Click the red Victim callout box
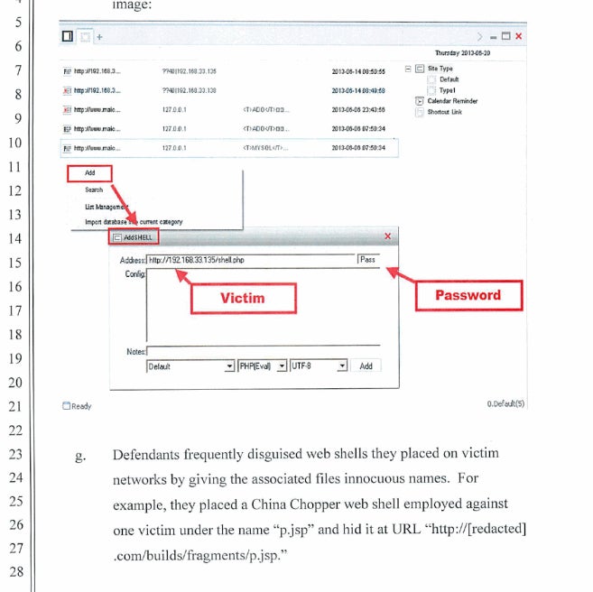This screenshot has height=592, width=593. coord(242,298)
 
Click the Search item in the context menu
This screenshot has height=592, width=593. coord(94,190)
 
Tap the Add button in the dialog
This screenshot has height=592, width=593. coord(366,366)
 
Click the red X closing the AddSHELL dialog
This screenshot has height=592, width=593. coord(388,236)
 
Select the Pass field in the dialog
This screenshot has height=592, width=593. coord(368,260)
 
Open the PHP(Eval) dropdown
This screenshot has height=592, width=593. coord(262,366)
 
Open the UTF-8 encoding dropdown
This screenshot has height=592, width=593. coord(318,366)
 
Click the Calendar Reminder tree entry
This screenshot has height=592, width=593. coord(452,101)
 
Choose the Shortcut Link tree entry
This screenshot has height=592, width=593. coord(444,112)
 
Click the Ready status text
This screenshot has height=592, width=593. coord(82,406)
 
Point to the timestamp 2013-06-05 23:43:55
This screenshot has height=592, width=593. coord(358,109)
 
